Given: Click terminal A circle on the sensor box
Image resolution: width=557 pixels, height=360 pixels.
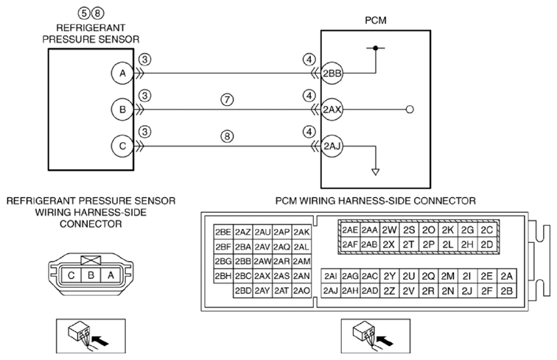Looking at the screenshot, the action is click(122, 73).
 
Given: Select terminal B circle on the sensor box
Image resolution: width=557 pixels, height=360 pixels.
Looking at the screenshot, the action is click(122, 110).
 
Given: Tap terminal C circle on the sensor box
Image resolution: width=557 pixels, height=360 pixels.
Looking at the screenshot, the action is click(122, 146).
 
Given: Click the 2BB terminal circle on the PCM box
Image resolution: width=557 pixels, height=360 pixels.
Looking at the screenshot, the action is click(332, 73).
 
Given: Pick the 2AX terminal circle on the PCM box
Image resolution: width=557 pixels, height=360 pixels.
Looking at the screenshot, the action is click(332, 110).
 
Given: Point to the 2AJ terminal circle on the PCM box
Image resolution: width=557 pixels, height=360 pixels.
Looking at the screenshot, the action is click(332, 146).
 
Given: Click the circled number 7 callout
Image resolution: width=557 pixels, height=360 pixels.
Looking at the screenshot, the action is click(228, 99).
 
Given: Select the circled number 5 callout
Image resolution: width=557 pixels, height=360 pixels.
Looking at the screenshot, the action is click(84, 13).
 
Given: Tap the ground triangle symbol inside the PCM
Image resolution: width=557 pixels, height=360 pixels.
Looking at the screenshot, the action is click(376, 172).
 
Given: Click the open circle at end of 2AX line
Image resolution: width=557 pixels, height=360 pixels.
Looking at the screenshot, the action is click(410, 110).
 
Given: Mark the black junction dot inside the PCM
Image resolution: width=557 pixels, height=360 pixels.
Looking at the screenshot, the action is click(376, 48).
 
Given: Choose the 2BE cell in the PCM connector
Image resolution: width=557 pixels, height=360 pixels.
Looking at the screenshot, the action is click(223, 232).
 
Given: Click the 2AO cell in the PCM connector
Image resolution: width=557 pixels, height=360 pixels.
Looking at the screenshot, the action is click(301, 290).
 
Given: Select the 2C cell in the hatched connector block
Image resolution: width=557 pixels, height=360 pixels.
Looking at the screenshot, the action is click(487, 230).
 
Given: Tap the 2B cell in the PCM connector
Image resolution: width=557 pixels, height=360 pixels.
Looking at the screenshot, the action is click(507, 291).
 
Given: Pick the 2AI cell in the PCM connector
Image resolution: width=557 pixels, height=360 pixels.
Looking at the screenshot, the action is click(331, 276).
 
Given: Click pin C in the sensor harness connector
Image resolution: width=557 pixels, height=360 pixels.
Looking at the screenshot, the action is click(71, 275).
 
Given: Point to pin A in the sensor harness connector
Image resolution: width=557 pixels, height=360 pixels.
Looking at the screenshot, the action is click(111, 275).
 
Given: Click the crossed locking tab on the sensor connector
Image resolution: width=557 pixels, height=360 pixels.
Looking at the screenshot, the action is click(91, 261).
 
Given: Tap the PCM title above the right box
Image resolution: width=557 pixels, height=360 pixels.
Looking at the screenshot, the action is click(376, 20).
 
